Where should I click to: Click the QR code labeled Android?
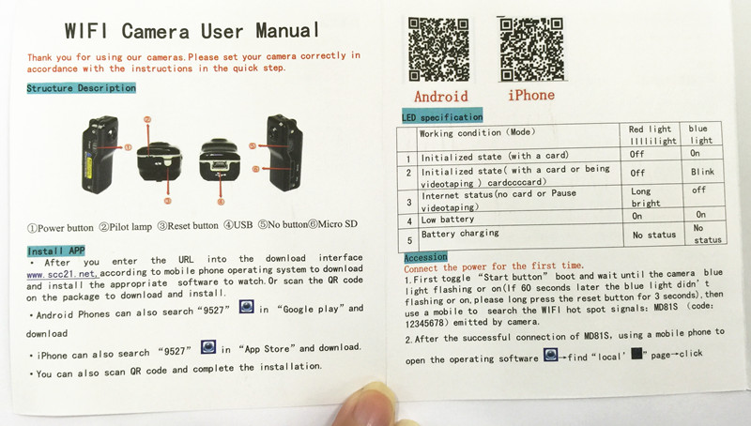click(x=438, y=50)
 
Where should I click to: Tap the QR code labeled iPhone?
click(x=531, y=50)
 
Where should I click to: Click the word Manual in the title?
click(x=287, y=31)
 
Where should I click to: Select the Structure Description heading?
click(x=82, y=88)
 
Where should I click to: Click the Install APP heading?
click(x=56, y=251)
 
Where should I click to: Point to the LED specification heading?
click(x=442, y=116)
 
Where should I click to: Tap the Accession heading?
click(x=425, y=257)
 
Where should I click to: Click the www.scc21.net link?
click(x=63, y=275)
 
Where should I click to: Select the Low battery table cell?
click(x=448, y=220)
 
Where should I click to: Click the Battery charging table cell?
click(x=460, y=234)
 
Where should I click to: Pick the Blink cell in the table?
click(x=702, y=172)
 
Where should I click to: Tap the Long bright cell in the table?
click(x=645, y=197)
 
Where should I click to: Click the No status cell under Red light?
click(x=654, y=235)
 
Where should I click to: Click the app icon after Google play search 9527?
click(x=246, y=306)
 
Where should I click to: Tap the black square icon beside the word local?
click(x=636, y=353)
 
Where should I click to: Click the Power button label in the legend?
click(x=61, y=228)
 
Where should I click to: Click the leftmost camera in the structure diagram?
click(x=100, y=154)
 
